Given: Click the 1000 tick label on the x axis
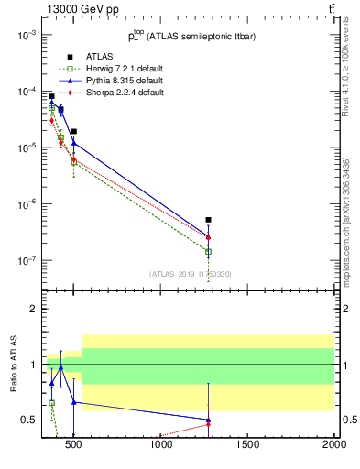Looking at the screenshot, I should coord(162,445).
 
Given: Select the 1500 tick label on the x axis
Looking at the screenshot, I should coord(248,445).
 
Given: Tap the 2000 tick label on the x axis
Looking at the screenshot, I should coord(334,445).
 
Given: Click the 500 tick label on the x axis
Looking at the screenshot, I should coord(76,445).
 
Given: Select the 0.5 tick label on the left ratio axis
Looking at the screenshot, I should coord(27,420).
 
